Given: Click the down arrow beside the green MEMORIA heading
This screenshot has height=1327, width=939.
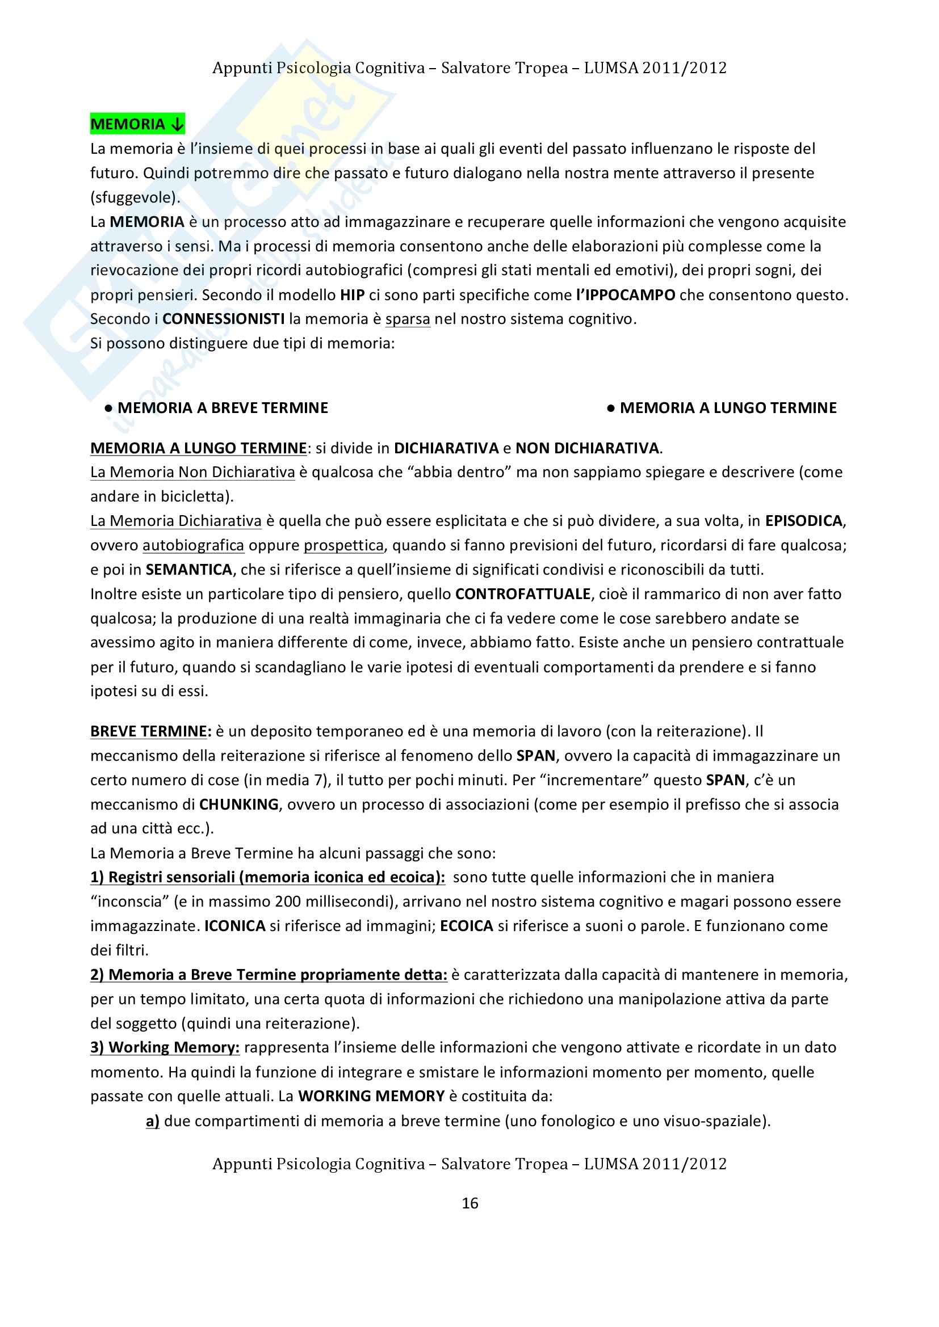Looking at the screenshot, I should (177, 124).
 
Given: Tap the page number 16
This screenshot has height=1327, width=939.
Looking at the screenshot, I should (469, 1203).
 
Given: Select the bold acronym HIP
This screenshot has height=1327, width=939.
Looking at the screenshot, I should (352, 295).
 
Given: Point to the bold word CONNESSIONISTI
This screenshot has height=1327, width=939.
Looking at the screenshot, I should (224, 319).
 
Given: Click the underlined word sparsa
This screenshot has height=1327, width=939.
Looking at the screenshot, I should (408, 319).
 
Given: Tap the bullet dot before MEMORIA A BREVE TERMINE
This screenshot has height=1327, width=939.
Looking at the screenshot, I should (108, 408).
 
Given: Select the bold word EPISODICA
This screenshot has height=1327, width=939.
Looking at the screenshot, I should (804, 521).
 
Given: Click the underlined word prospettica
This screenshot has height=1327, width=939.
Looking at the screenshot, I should (343, 545).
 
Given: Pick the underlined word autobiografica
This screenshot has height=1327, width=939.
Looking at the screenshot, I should (193, 545).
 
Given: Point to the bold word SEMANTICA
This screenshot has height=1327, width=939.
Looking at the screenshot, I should (189, 570).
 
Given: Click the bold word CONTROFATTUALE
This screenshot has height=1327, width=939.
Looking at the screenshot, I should (523, 594).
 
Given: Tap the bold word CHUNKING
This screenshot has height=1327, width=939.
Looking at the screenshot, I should (239, 804).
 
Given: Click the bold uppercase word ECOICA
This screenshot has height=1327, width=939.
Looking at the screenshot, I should (466, 926).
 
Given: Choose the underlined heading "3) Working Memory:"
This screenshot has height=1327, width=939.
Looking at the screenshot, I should (165, 1047).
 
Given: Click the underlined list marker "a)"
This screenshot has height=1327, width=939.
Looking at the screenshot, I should (153, 1121).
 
